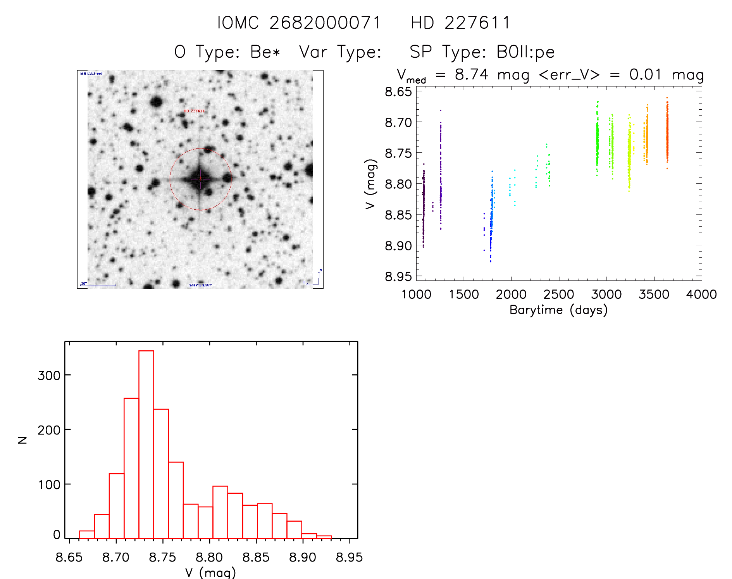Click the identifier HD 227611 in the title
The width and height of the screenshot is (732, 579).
[460, 23]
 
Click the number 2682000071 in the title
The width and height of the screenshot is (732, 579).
[325, 23]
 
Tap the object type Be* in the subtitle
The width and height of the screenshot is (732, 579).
[265, 52]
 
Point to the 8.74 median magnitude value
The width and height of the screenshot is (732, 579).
[471, 74]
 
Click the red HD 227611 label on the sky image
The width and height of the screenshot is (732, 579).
[194, 111]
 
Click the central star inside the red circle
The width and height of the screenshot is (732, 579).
[200, 179]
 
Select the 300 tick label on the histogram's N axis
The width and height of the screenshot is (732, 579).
[49, 375]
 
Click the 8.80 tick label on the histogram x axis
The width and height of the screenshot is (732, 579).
[209, 557]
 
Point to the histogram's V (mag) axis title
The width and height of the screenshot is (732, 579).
[210, 572]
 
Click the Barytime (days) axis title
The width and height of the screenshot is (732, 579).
[558, 310]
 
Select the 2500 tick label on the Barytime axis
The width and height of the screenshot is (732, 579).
[559, 295]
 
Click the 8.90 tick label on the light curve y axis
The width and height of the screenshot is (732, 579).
[398, 245]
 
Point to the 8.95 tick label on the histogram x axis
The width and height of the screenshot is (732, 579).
[349, 557]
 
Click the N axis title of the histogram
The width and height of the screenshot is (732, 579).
[22, 440]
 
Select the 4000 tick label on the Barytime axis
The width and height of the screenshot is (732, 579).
[701, 295]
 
